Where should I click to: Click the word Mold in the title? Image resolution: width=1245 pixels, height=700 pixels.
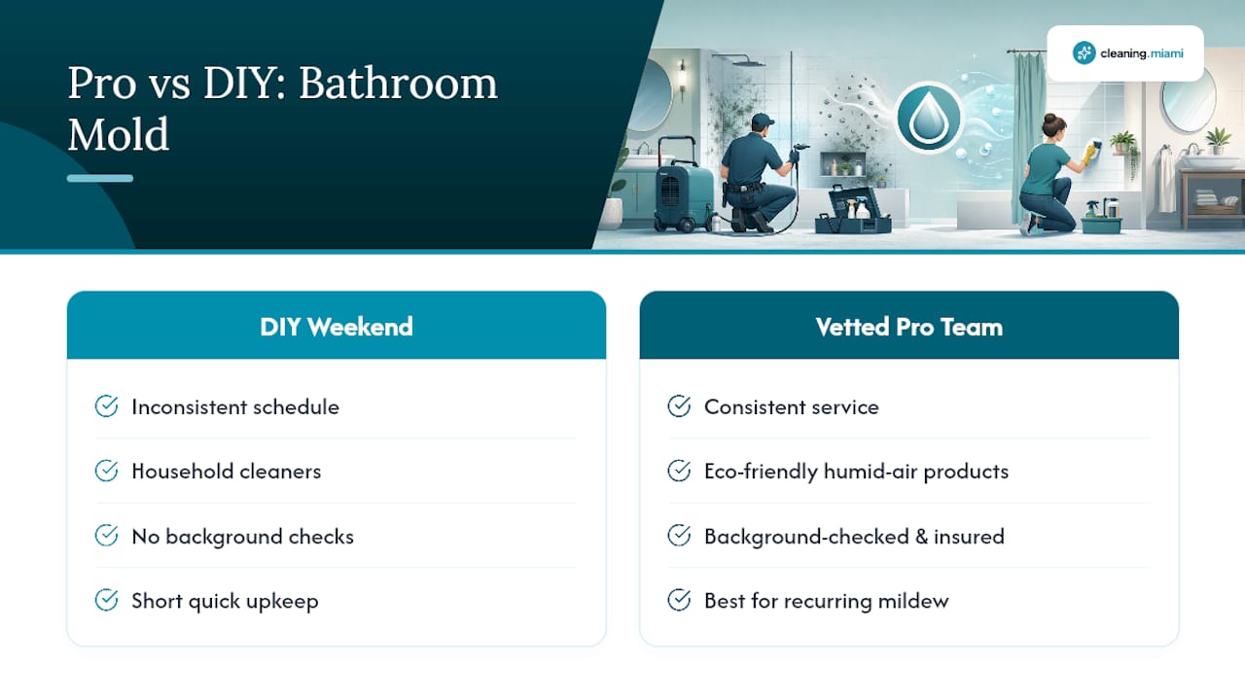(118, 134)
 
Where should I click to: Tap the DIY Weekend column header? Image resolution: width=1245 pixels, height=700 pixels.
(337, 327)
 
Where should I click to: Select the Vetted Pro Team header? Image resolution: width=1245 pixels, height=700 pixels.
(908, 327)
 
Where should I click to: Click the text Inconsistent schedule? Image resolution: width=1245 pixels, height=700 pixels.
(235, 407)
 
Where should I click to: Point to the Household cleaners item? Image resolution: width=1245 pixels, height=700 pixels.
(227, 472)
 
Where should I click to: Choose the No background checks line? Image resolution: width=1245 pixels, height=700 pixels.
(242, 537)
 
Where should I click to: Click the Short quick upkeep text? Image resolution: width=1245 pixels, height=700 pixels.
(225, 601)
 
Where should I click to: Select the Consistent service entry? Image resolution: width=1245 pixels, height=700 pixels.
(792, 407)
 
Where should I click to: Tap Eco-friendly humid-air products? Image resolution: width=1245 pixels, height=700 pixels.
(856, 472)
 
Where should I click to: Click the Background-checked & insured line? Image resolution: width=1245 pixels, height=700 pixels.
(854, 537)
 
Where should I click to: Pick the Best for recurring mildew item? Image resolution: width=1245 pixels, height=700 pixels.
(827, 601)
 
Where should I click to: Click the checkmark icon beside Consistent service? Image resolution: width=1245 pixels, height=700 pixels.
(679, 406)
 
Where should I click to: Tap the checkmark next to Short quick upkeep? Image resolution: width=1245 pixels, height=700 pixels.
(106, 600)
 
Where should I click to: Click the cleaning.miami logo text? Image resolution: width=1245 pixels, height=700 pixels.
(1142, 53)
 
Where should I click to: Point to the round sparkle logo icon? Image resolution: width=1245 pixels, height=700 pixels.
(1084, 52)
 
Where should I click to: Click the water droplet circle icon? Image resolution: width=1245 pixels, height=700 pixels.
(928, 118)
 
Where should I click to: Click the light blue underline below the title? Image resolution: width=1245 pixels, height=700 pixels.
(100, 178)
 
